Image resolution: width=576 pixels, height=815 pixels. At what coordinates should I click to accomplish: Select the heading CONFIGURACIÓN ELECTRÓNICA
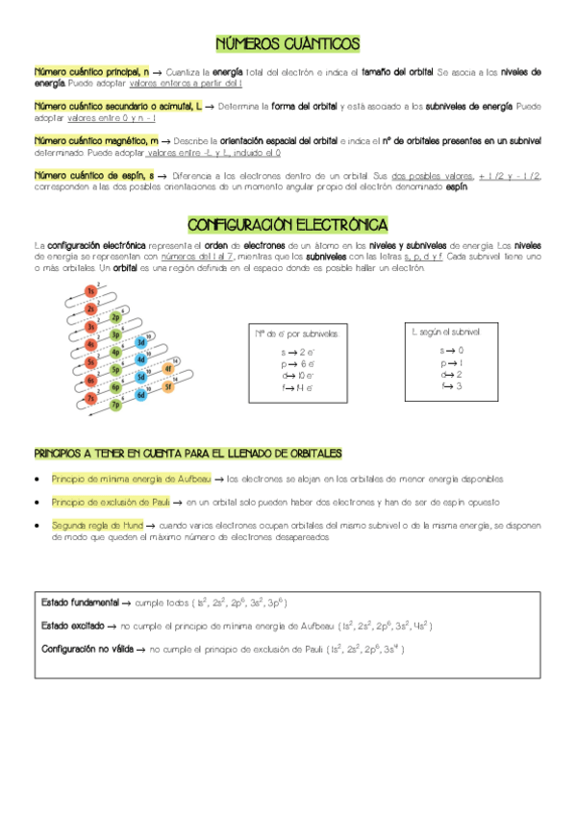[288, 224]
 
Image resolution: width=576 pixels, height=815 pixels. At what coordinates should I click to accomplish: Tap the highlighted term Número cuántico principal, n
[91, 72]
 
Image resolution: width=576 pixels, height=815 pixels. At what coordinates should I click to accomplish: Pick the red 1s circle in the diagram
[91, 291]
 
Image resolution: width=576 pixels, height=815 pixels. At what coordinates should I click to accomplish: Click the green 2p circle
[115, 316]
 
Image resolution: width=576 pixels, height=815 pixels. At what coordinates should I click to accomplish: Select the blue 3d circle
[140, 341]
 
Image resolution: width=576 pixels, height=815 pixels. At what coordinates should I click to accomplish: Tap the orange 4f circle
[167, 368]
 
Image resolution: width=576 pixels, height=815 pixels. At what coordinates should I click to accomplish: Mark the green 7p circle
[116, 405]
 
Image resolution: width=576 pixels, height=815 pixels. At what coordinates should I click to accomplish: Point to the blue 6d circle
[141, 395]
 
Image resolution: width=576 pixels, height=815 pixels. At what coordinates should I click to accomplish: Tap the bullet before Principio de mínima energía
[36, 479]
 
